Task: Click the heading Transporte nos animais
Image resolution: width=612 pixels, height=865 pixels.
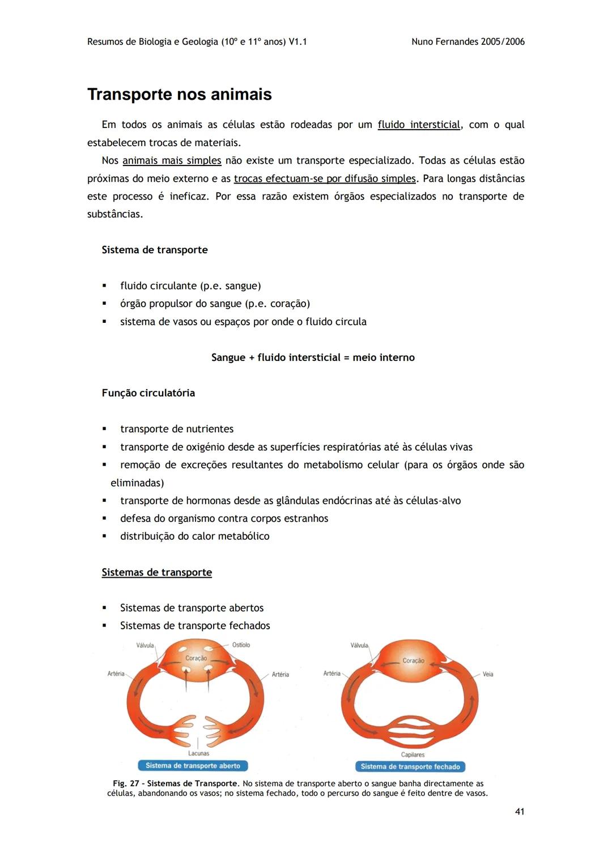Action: (x=179, y=94)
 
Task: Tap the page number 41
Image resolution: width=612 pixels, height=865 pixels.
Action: (x=519, y=812)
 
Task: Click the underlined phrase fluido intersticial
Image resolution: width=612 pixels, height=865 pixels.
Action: (x=419, y=125)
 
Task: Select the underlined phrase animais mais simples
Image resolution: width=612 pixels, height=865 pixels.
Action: (x=172, y=160)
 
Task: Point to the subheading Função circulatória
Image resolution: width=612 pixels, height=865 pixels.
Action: (x=148, y=393)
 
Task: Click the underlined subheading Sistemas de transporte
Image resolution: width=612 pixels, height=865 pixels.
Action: (x=156, y=572)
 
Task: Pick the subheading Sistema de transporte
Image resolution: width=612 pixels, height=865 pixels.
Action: (x=154, y=250)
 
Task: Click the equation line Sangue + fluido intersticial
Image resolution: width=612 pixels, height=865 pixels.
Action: (x=313, y=357)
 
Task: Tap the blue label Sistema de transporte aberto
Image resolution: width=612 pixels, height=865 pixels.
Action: (x=193, y=766)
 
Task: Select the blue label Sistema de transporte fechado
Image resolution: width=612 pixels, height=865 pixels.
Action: (x=410, y=766)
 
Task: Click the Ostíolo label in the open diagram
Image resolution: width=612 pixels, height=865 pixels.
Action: (x=241, y=645)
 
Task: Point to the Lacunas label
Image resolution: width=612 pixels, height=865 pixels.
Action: (x=198, y=753)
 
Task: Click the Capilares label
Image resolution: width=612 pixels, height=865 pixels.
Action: (x=413, y=755)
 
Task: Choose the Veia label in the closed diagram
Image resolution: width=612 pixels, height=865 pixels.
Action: (x=488, y=674)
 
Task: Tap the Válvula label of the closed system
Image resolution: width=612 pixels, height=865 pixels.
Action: (x=359, y=645)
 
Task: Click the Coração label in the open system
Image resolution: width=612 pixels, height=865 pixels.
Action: (x=196, y=658)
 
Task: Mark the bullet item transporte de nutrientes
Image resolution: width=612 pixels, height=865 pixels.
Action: (x=176, y=429)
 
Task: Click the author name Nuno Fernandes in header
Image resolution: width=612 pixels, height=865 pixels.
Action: (x=446, y=42)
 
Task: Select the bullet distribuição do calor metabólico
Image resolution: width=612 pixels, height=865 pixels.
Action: (x=194, y=536)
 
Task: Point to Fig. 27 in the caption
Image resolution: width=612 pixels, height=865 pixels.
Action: (x=126, y=783)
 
